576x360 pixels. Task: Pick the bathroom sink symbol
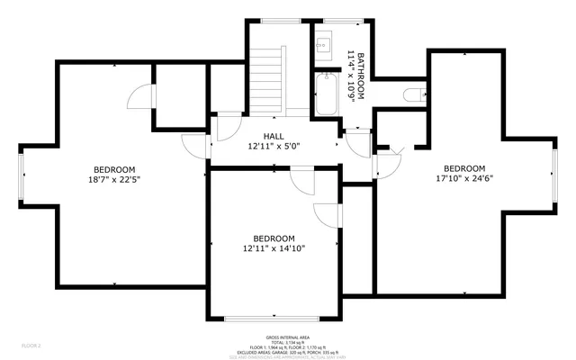click(x=324, y=42)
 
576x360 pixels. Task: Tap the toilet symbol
click(x=415, y=94)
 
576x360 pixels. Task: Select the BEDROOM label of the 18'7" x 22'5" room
click(x=114, y=169)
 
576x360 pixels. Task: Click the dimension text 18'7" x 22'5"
click(x=114, y=179)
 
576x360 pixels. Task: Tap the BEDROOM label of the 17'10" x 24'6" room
click(x=463, y=168)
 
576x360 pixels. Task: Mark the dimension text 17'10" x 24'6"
click(x=463, y=178)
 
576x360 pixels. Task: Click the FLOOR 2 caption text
click(x=31, y=345)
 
